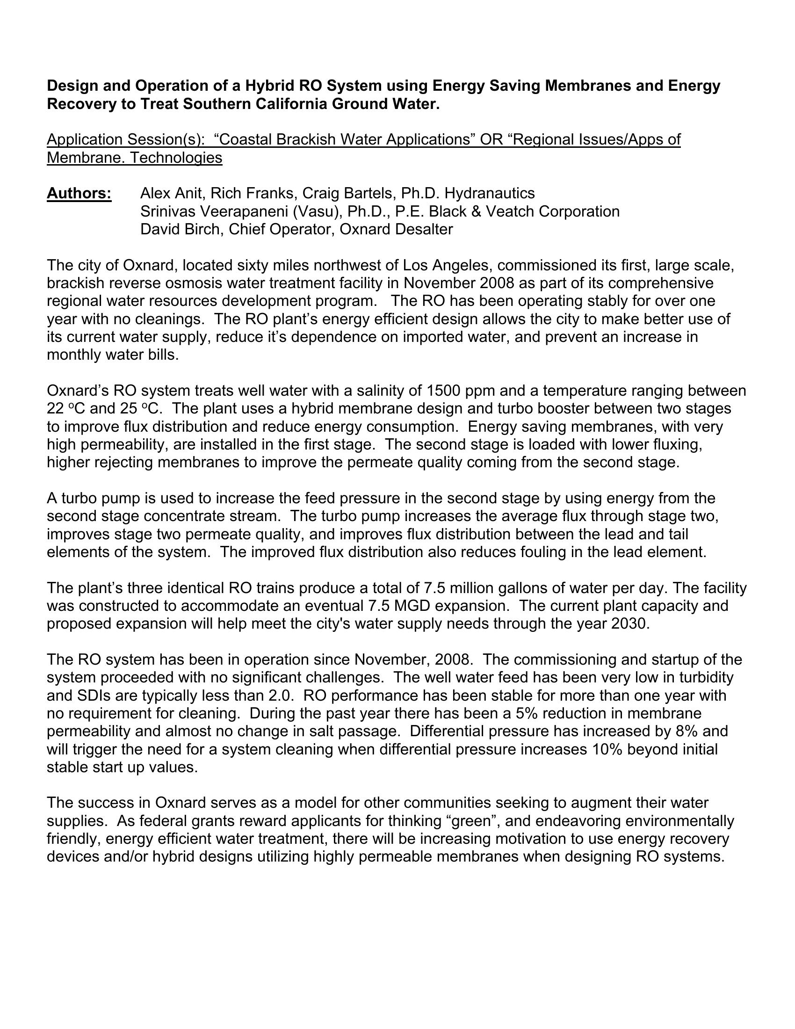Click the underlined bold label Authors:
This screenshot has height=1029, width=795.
pyautogui.click(x=79, y=193)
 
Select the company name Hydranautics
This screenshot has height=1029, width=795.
pyautogui.click(x=489, y=193)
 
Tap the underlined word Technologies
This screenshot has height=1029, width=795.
pyautogui.click(x=176, y=157)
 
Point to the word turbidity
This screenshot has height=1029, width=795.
pyautogui.click(x=701, y=678)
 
